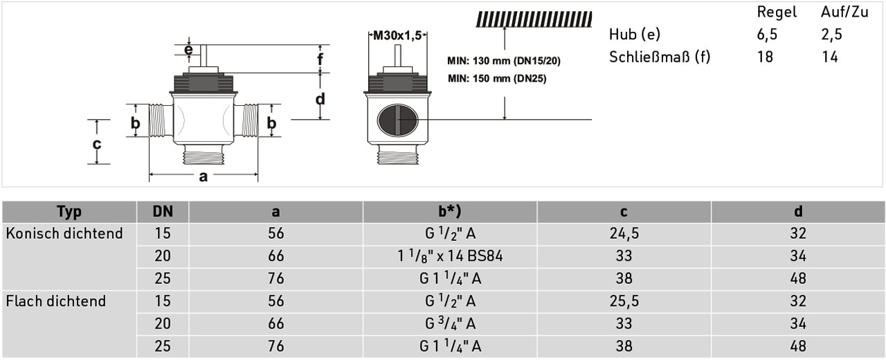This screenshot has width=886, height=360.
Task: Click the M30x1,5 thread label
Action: click(397, 36)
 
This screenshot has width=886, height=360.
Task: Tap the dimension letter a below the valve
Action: click(204, 177)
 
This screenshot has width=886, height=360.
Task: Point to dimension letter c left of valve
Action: click(98, 144)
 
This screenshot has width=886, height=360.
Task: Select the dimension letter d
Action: click(320, 99)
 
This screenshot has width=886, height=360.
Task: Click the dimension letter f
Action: click(320, 60)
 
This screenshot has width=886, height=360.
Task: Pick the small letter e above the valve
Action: click(189, 49)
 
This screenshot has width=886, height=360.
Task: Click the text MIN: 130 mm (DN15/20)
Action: click(504, 61)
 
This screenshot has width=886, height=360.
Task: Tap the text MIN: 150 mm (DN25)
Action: click(497, 79)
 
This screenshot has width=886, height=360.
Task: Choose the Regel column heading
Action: click(777, 12)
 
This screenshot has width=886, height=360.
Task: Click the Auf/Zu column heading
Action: click(844, 12)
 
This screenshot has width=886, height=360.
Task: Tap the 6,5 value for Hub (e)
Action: click(768, 35)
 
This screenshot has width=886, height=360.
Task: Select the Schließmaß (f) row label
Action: click(660, 57)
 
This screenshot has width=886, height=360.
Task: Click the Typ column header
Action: click(69, 212)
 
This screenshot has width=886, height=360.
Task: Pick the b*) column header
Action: click(450, 212)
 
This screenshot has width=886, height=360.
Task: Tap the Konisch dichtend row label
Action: click(64, 234)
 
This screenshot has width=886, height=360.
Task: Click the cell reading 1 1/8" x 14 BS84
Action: click(450, 256)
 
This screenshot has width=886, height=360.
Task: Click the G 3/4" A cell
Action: click(450, 323)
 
